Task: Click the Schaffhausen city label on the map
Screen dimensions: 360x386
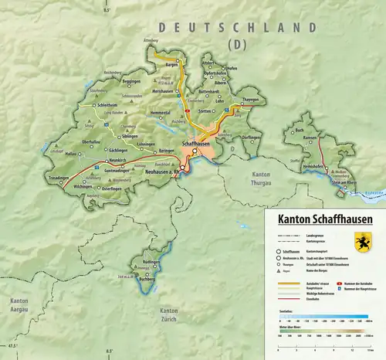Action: click(195, 144)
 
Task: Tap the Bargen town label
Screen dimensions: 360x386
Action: click(172, 66)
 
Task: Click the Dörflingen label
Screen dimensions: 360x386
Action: click(251, 137)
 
